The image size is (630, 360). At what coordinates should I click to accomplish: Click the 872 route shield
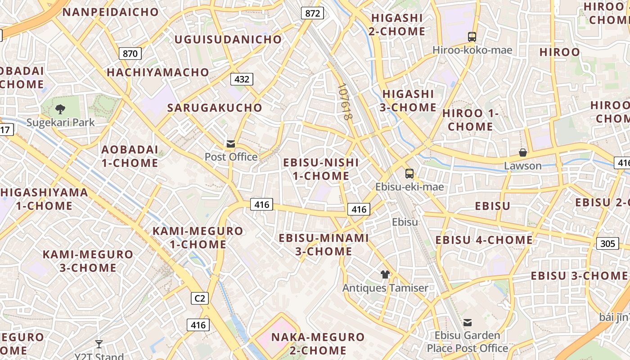312,13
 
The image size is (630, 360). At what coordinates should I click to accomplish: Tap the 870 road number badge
130,54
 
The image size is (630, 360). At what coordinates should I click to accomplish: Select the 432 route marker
242,79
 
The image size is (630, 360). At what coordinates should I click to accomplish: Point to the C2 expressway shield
200,298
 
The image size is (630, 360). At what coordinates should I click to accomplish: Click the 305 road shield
607,244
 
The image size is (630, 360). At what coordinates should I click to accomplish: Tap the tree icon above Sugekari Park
60,109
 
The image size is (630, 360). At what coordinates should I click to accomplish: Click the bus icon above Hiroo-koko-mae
472,37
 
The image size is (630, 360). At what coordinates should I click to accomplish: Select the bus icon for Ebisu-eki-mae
409,174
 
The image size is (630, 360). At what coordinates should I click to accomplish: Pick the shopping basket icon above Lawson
523,153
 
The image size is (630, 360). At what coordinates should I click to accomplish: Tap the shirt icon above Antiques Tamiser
385,274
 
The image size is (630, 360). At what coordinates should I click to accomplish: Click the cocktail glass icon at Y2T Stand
99,344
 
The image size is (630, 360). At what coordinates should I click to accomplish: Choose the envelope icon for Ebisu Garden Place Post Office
468,322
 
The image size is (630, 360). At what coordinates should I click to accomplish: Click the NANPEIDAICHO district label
111,12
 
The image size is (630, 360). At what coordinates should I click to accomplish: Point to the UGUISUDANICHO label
228,40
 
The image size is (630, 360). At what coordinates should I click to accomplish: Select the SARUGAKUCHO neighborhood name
215,108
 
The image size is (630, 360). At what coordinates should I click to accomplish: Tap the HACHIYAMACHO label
158,72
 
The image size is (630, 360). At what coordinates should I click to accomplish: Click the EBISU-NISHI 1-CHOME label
321,169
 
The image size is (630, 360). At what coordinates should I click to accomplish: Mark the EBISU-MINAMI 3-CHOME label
324,245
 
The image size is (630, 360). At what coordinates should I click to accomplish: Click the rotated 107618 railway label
344,102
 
